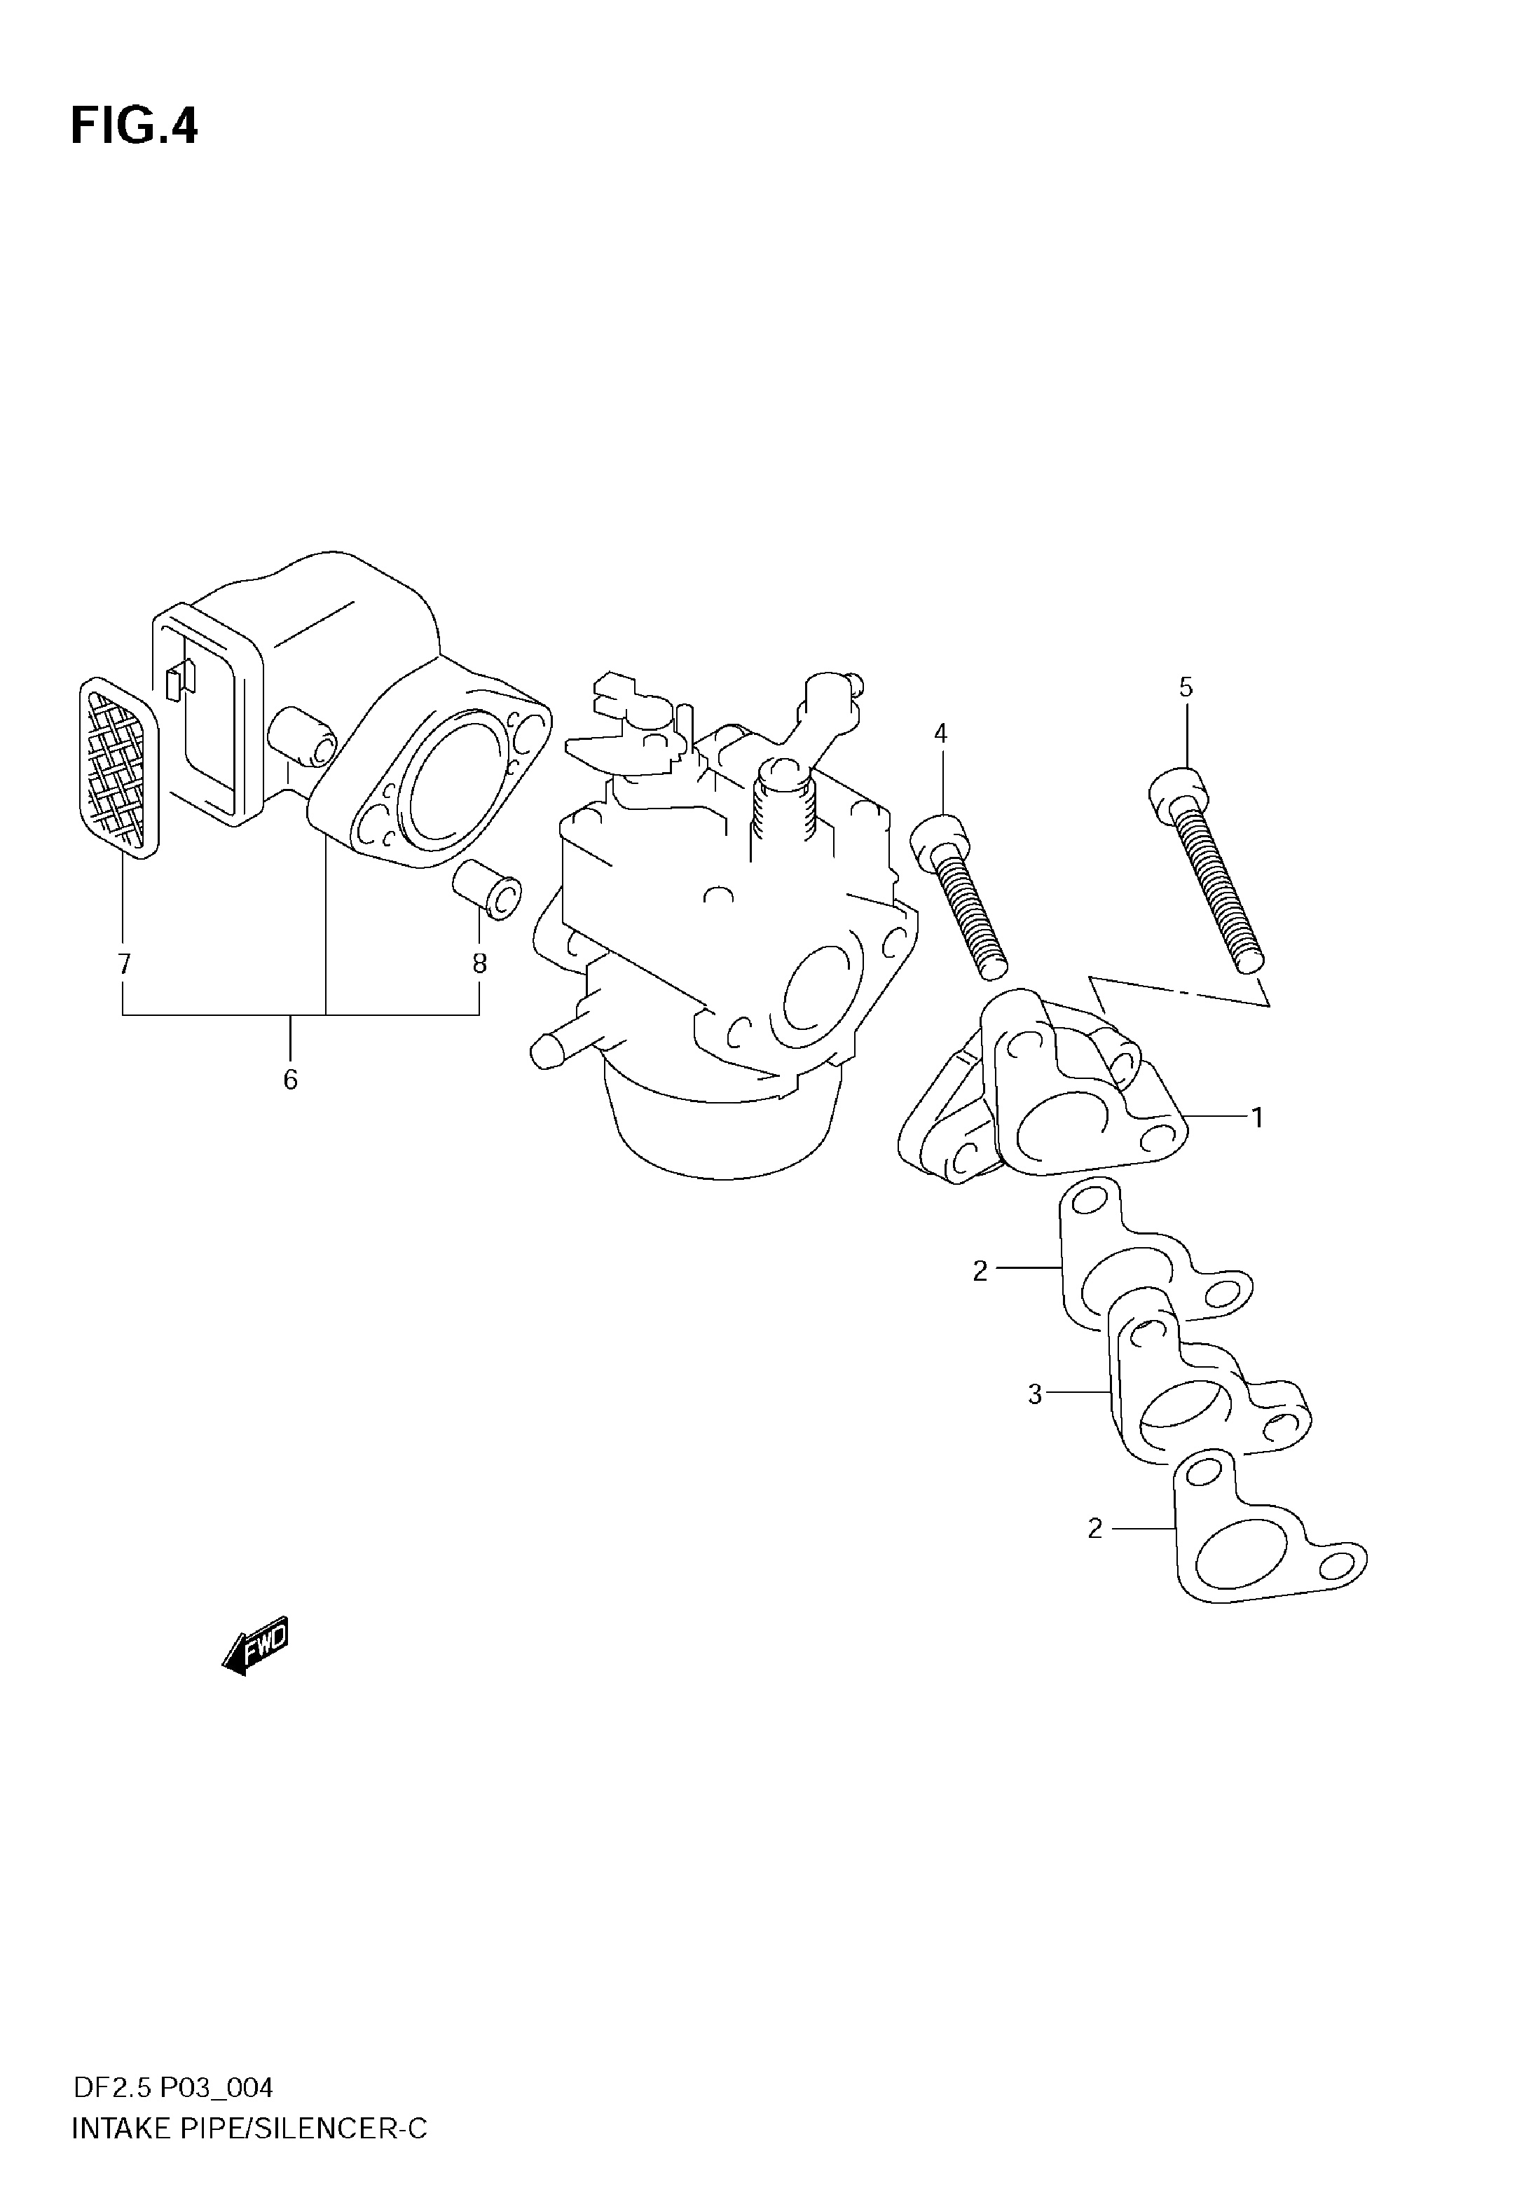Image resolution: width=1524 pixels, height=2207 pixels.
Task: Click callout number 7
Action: [123, 964]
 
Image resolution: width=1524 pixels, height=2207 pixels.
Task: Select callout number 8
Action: [479, 964]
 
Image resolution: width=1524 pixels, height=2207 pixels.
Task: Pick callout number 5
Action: [1186, 687]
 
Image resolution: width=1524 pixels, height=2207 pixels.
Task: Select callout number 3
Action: [1035, 1395]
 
